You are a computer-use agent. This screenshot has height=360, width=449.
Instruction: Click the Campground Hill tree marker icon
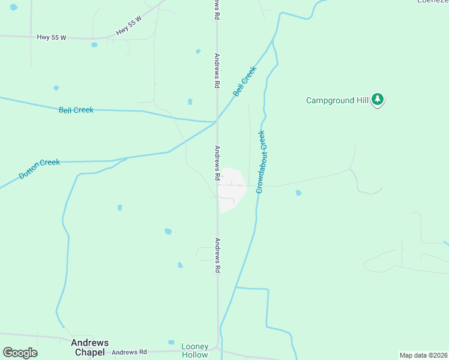(x=378, y=100)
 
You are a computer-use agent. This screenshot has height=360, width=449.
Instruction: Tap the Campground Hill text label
(x=337, y=100)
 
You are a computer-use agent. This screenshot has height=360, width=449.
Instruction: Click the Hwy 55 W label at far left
(x=51, y=37)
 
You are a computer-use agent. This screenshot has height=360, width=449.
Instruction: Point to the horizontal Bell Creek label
(x=76, y=110)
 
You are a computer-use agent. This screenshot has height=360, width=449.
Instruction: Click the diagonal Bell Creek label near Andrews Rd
(x=245, y=81)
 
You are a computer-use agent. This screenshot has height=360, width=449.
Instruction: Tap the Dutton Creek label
(x=40, y=169)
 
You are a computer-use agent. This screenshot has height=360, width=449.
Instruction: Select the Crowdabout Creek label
(x=261, y=162)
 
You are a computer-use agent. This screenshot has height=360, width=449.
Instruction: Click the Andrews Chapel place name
(x=90, y=347)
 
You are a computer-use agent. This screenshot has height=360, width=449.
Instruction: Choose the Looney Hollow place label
(x=195, y=350)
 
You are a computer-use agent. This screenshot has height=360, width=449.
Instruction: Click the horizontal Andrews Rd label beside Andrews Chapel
(x=129, y=352)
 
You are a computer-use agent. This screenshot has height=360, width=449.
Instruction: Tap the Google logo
(x=20, y=353)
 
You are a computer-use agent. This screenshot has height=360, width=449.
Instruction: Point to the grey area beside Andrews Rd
(x=232, y=190)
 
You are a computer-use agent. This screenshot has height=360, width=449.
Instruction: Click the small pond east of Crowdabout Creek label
(x=298, y=193)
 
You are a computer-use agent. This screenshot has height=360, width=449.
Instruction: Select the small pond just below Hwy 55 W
(x=94, y=44)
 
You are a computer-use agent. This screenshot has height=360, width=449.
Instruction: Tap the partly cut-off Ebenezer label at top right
(x=433, y=2)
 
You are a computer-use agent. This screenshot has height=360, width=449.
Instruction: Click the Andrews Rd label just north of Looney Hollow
(x=217, y=256)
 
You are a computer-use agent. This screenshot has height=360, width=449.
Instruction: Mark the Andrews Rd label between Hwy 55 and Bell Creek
(x=217, y=71)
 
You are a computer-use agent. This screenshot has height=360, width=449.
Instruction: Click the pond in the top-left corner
(x=14, y=7)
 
